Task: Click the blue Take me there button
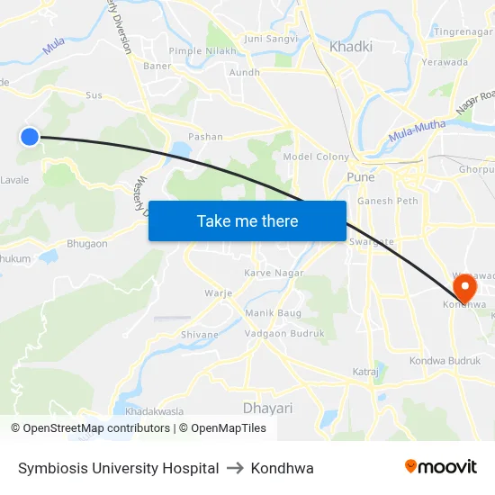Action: (247, 220)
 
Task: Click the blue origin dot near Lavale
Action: (30, 137)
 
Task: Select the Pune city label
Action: (361, 177)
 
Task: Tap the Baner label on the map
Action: (157, 66)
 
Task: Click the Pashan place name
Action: (205, 137)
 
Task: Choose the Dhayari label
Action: (267, 408)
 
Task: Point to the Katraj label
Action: (364, 371)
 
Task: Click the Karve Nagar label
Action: (274, 273)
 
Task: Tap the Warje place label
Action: (219, 292)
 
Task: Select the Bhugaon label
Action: (87, 244)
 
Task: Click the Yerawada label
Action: (445, 63)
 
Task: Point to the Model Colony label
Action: (316, 157)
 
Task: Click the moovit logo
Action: (440, 467)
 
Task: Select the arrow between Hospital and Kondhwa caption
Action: (235, 468)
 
